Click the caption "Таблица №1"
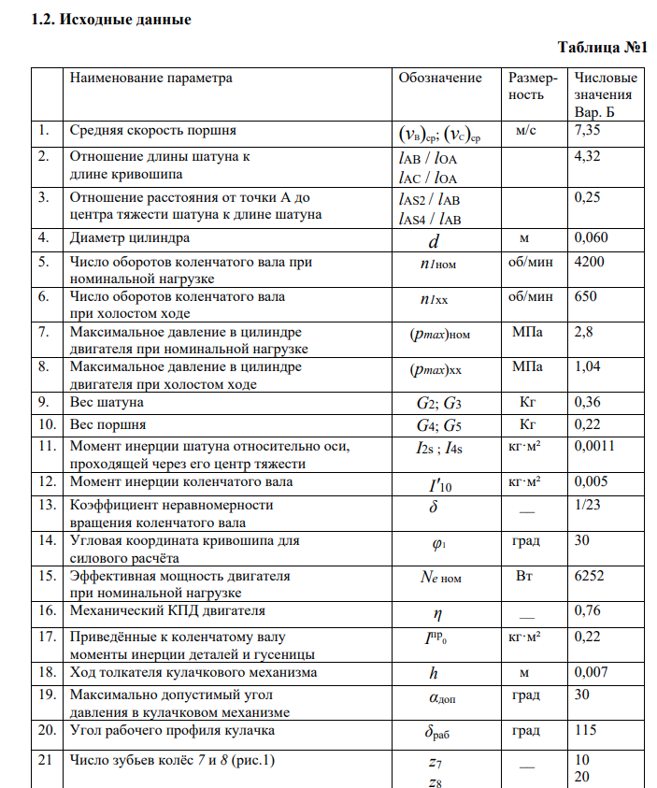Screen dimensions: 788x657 (x=603, y=47)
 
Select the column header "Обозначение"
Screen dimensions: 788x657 (x=440, y=78)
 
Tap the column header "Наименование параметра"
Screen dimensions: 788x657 (x=151, y=78)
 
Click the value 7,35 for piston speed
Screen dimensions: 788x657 (x=588, y=131)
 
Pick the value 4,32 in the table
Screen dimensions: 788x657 (x=588, y=157)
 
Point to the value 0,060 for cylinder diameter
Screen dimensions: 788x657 (x=593, y=237)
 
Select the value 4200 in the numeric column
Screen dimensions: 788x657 (x=590, y=262)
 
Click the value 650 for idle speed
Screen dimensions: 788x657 (x=586, y=296)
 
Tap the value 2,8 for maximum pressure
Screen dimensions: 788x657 (x=584, y=331)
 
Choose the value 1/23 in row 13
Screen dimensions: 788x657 (x=586, y=505)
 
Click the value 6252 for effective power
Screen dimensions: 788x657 (x=590, y=576)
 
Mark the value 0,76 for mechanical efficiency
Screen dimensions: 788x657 (x=588, y=610)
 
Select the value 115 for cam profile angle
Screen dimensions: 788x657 (x=585, y=729)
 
